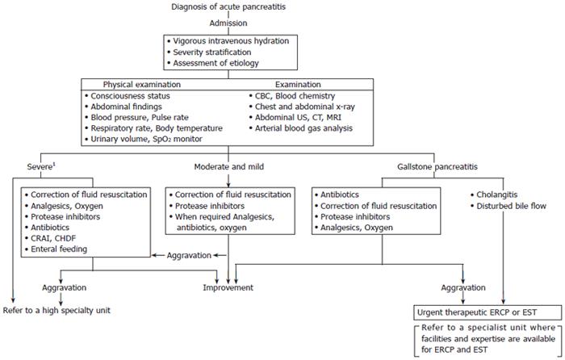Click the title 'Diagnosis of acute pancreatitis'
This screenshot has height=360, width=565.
click(228, 6)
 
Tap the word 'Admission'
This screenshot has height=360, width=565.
click(228, 23)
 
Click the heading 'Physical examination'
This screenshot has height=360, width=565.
click(142, 84)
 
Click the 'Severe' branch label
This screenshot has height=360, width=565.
click(41, 167)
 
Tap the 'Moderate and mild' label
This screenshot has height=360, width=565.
click(228, 167)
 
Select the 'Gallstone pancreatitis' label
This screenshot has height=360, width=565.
click(437, 167)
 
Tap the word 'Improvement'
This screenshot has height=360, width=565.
click(228, 287)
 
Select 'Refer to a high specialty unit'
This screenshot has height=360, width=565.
click(56, 310)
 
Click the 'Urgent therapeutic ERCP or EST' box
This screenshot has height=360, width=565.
click(488, 312)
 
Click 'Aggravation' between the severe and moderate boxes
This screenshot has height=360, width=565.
click(189, 256)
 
